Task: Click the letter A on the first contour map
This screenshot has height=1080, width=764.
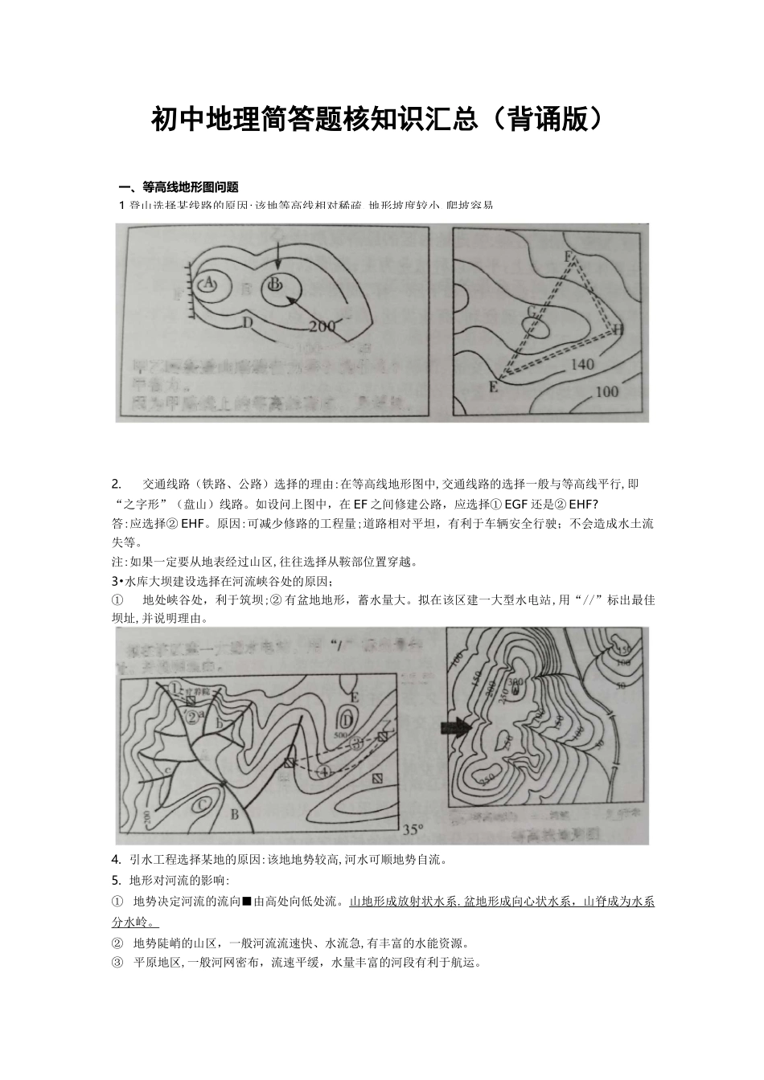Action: [208, 283]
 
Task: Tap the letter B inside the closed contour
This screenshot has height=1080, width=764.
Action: [275, 284]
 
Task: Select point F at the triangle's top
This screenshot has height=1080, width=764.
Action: [569, 256]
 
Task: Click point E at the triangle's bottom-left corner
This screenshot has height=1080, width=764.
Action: [493, 387]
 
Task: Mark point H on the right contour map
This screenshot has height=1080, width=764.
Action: [618, 329]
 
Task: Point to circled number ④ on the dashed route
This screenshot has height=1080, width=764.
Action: [324, 771]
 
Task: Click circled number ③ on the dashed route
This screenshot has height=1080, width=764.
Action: [359, 741]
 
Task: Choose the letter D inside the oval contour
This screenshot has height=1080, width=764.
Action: [347, 718]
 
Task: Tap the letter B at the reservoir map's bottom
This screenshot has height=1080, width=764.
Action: [236, 815]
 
